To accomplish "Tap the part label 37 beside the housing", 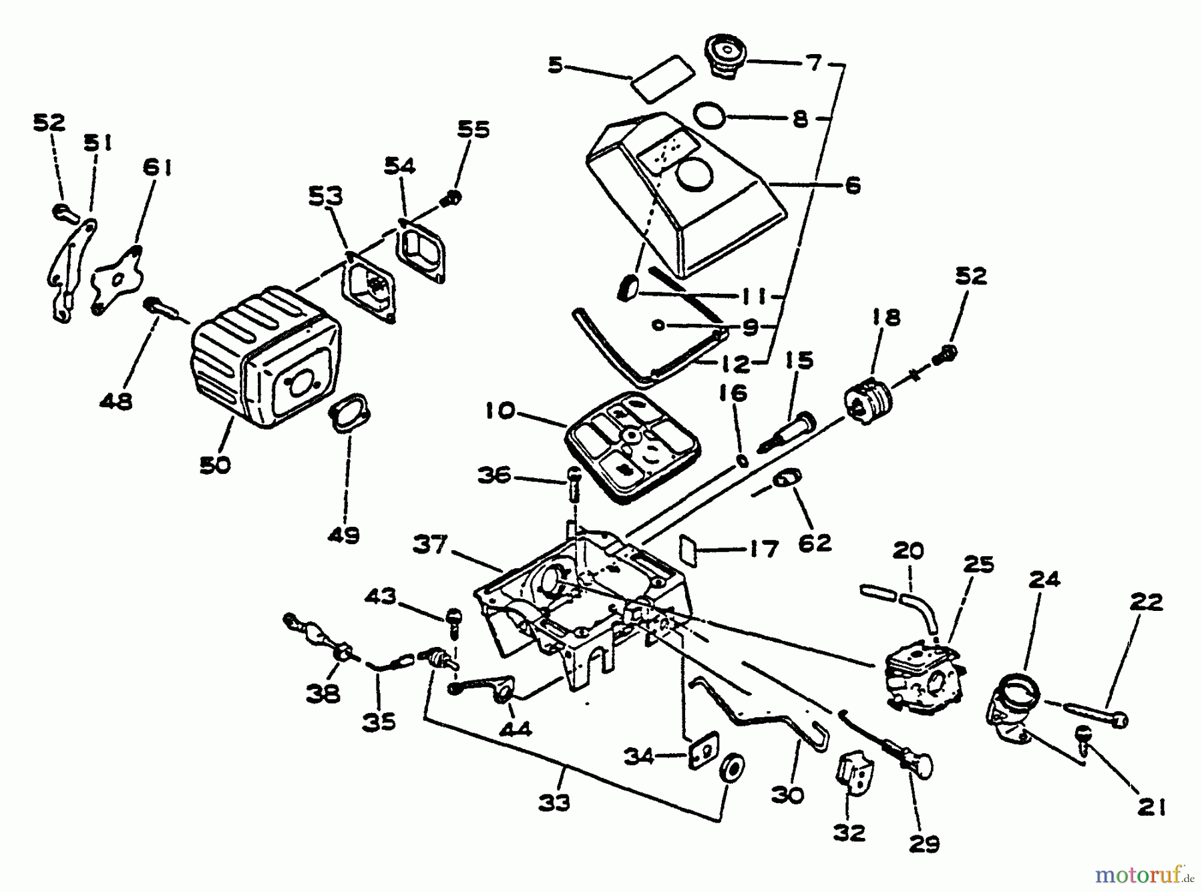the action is click(429, 545).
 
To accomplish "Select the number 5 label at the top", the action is click(556, 65).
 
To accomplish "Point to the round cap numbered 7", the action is click(726, 56).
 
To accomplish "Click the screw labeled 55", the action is click(452, 198).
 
